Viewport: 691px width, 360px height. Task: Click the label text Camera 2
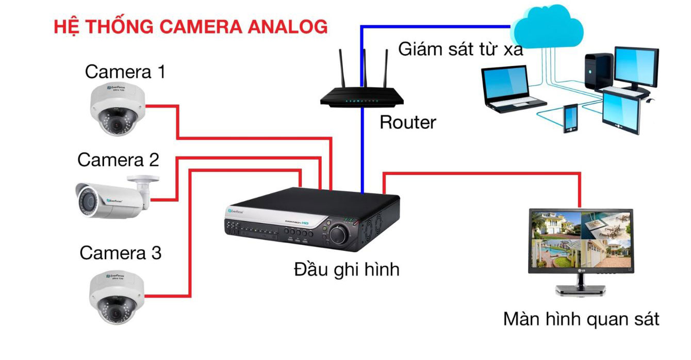pos(118,160)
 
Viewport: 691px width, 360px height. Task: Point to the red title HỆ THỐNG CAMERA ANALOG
pos(191,26)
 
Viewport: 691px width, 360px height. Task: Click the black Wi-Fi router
pos(361,95)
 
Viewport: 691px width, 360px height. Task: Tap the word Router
pos(407,123)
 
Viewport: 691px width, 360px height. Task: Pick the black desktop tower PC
pos(598,72)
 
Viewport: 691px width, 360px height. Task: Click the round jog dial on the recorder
pos(338,233)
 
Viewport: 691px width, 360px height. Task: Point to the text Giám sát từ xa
pos(460,50)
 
